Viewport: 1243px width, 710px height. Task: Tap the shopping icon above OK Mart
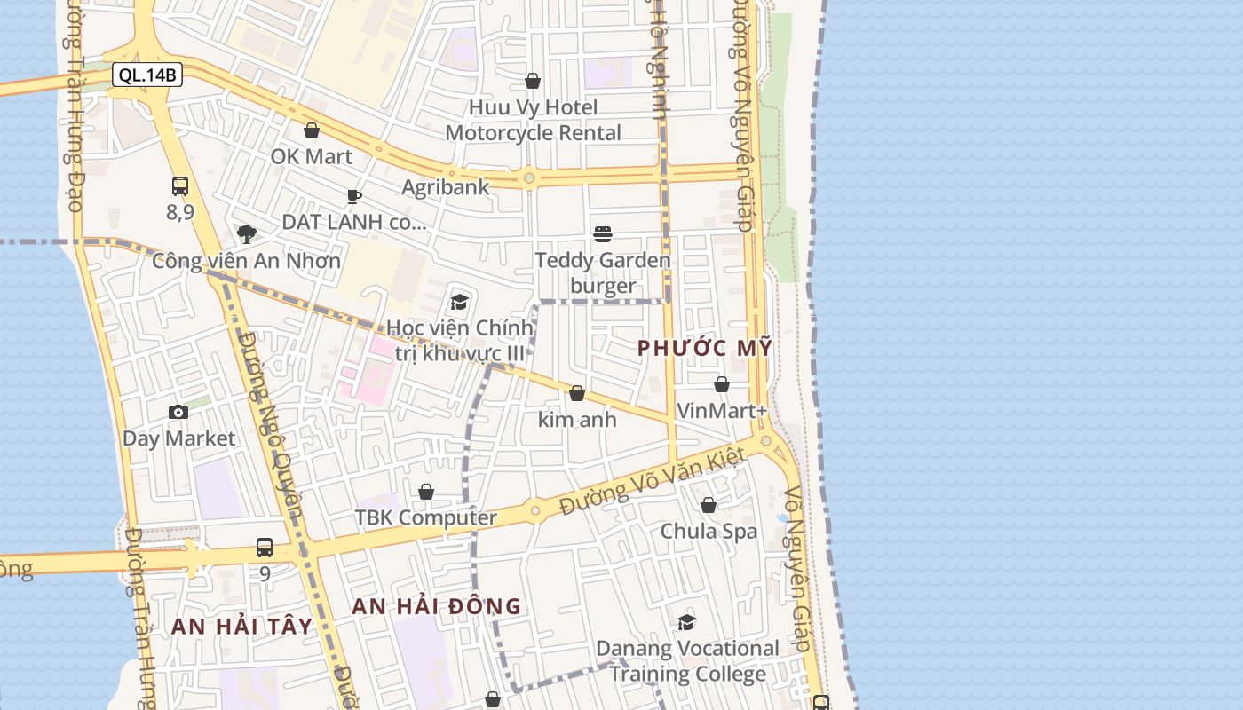[x=312, y=131]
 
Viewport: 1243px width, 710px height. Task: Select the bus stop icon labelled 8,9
[x=180, y=186]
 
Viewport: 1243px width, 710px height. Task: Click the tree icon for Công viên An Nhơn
[x=247, y=234]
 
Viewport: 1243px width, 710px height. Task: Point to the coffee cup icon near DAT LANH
[x=354, y=196]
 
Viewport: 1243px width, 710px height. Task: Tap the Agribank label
[x=445, y=187]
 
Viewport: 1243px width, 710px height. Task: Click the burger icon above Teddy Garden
[x=603, y=234]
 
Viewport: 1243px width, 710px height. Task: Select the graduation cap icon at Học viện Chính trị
[x=459, y=302]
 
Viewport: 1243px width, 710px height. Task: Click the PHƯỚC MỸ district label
[x=705, y=349]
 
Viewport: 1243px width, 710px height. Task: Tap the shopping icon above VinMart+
[x=722, y=385]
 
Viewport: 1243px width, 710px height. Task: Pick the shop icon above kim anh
[x=577, y=393]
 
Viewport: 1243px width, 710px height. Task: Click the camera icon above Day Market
[x=178, y=413]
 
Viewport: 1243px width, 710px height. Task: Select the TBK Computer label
[x=426, y=517]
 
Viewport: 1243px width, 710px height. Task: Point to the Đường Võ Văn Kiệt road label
[x=652, y=485]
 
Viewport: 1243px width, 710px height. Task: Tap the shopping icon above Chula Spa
[x=709, y=506]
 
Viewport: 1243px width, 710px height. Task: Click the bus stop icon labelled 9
[x=265, y=548]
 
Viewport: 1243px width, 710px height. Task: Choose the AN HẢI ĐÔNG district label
[x=436, y=607]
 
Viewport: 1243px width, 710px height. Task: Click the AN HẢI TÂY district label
[x=241, y=627]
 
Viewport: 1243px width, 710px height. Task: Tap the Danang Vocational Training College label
[x=687, y=661]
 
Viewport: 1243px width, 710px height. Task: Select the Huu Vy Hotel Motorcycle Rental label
[x=533, y=120]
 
